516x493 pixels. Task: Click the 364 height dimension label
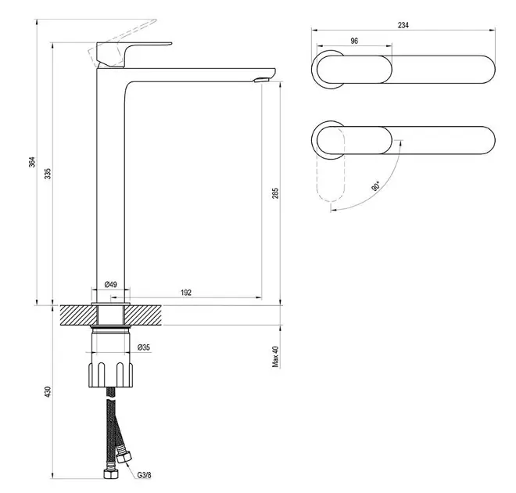pos(31,162)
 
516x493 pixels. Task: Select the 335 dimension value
pos(48,174)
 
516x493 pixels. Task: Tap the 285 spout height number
pos(275,193)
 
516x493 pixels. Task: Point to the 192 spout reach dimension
pos(186,293)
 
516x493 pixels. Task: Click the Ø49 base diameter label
pos(110,284)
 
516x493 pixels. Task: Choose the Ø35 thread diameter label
pos(144,347)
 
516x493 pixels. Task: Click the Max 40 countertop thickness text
pos(275,357)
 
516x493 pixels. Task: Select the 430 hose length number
pos(48,392)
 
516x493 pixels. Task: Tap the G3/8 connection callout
pos(144,475)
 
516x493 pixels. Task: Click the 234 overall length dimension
pos(403,25)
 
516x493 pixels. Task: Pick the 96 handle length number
pos(354,41)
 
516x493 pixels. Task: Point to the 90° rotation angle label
pos(376,186)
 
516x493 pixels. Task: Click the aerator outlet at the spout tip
pos(262,79)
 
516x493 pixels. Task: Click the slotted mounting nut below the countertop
pos(110,375)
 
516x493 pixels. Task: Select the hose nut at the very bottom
pos(111,473)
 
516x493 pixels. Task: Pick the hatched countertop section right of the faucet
pos(144,315)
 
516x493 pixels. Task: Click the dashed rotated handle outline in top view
pos(331,164)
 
